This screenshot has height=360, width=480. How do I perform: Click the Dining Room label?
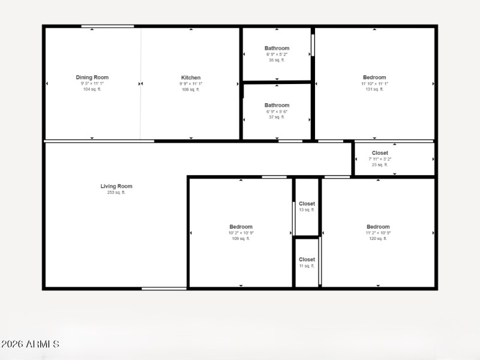pyautogui.click(x=92, y=77)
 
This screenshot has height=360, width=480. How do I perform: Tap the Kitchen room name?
pyautogui.click(x=191, y=77)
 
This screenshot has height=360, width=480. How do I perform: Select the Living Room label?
pyautogui.click(x=116, y=187)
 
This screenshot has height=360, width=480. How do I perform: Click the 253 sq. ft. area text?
pyautogui.click(x=116, y=193)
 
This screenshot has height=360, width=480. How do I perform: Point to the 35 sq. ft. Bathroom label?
pyautogui.click(x=277, y=49)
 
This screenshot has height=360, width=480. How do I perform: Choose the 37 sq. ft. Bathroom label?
pyautogui.click(x=277, y=106)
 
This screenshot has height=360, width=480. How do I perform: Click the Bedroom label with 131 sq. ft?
pyautogui.click(x=374, y=77)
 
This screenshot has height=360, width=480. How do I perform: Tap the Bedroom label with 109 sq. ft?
pyautogui.click(x=241, y=227)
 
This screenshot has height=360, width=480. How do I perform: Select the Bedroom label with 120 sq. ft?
pyautogui.click(x=378, y=227)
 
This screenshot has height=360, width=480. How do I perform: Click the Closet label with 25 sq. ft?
pyautogui.click(x=380, y=153)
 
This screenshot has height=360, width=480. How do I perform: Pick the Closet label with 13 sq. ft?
pyautogui.click(x=307, y=204)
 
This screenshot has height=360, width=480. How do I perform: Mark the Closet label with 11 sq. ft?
pyautogui.click(x=307, y=260)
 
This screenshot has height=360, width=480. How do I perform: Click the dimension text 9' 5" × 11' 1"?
pyautogui.click(x=92, y=83)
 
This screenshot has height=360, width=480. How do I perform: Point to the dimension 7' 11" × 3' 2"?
pyautogui.click(x=380, y=159)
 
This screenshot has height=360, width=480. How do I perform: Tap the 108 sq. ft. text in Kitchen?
pyautogui.click(x=191, y=89)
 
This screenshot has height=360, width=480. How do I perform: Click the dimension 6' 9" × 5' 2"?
pyautogui.click(x=277, y=55)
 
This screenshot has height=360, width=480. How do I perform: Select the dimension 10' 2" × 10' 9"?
pyautogui.click(x=241, y=233)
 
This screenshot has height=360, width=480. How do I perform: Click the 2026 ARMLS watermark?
pyautogui.click(x=30, y=344)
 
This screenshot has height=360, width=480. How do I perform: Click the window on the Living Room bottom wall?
pyautogui.click(x=164, y=289)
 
